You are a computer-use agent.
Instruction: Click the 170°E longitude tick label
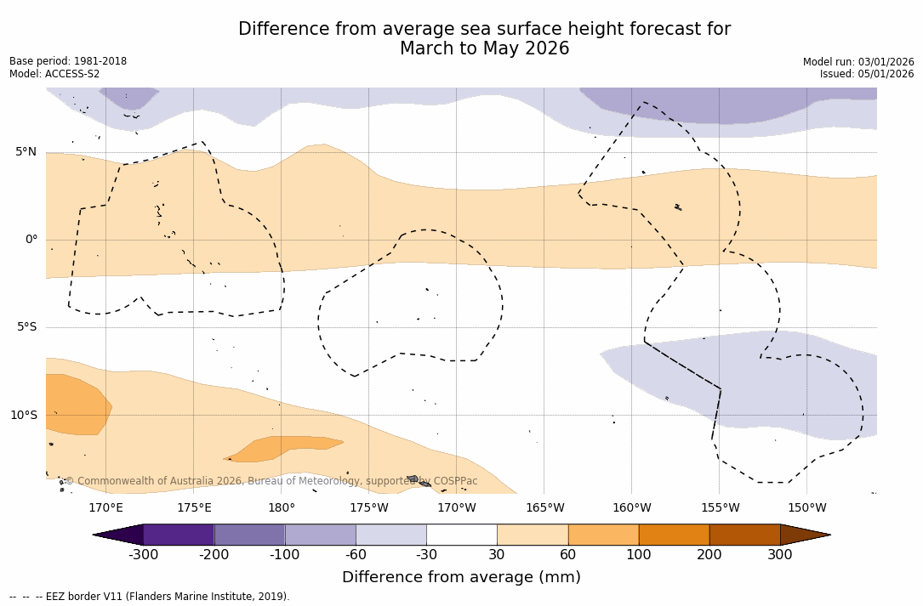click(105, 508)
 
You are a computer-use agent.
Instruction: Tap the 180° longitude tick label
click(281, 508)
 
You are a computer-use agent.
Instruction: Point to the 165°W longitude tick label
click(544, 508)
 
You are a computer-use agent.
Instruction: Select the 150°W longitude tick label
click(806, 508)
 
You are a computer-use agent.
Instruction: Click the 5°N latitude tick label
click(26, 152)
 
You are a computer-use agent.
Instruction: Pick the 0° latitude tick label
click(31, 240)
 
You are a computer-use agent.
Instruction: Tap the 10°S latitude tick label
click(23, 416)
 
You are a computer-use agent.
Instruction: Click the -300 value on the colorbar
click(143, 555)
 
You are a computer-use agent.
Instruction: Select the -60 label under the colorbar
click(356, 555)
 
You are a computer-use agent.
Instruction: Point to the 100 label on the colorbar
click(639, 555)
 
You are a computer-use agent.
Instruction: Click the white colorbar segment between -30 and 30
click(462, 535)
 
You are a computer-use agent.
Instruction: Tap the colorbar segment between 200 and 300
click(744, 535)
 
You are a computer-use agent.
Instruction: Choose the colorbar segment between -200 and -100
click(249, 535)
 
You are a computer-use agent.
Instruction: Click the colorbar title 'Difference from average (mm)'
click(461, 577)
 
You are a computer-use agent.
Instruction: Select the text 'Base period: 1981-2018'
click(68, 61)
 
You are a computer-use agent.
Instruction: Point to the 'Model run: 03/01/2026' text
click(858, 62)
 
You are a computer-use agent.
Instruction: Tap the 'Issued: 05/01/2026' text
click(867, 74)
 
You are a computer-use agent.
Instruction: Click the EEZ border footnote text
click(150, 597)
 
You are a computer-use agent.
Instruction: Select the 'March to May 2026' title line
click(484, 49)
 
